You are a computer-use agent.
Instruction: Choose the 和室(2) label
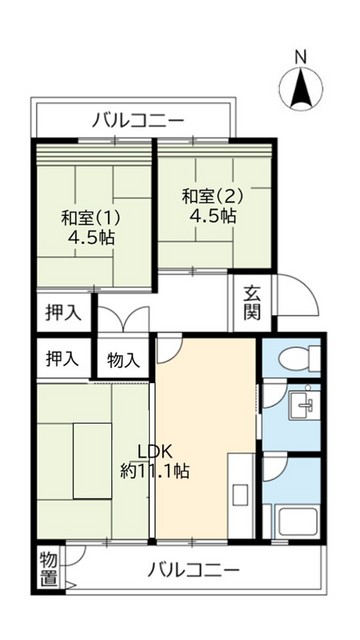(x=209, y=196)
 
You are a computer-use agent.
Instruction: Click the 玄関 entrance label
(x=252, y=303)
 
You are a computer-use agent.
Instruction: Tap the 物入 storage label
(x=123, y=359)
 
